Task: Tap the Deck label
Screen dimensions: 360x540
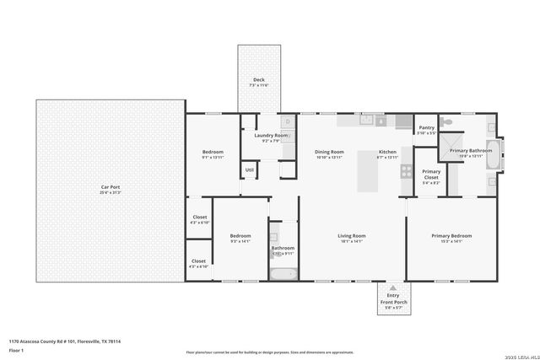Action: point(258,80)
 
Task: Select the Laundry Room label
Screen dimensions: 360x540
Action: point(266,135)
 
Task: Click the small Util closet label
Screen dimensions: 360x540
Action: point(250,169)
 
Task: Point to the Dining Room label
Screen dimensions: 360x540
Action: point(329,152)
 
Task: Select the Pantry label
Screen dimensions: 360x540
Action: point(426,128)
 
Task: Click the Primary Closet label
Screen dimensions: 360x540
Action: point(431,175)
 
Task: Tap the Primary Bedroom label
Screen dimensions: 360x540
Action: point(451,235)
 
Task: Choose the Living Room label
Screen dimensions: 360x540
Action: point(351,235)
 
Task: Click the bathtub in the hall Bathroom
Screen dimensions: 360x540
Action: point(283,272)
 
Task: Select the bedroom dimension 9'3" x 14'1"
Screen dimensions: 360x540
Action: point(240,241)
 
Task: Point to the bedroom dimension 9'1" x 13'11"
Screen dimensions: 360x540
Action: point(212,158)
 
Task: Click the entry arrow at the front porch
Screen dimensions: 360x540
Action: point(393,287)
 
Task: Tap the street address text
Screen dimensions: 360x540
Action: point(65,341)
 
